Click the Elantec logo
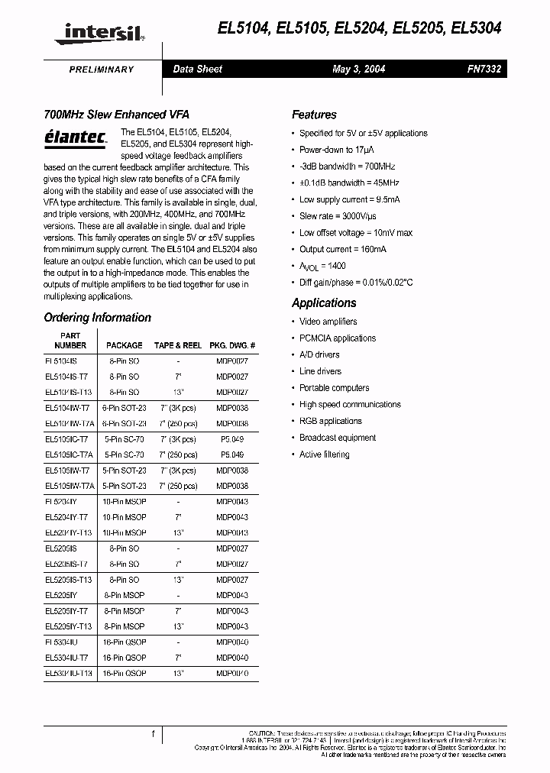(71, 137)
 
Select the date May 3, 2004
(359, 70)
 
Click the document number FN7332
(484, 70)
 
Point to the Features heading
(314, 115)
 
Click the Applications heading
(324, 303)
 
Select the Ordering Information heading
(97, 318)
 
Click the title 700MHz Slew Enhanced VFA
(105, 115)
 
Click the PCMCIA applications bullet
(337, 338)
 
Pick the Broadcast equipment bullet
(337, 438)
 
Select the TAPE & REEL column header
(177, 346)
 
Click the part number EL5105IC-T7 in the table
(66, 440)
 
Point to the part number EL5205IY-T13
(68, 626)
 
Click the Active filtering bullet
(324, 455)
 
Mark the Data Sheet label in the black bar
(197, 70)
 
